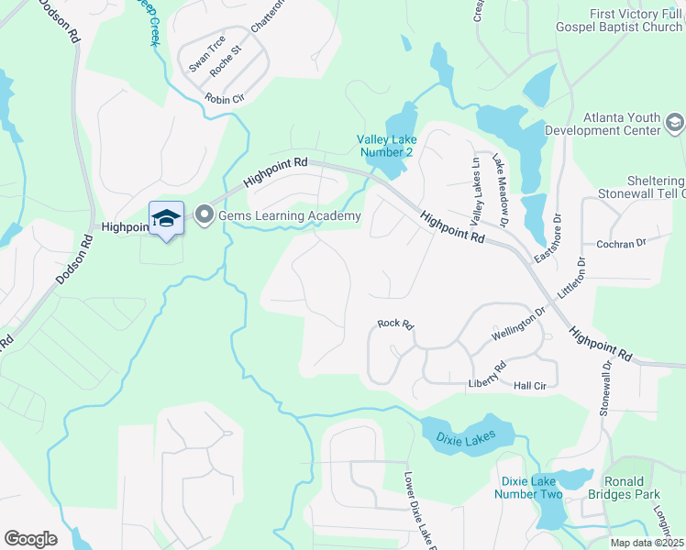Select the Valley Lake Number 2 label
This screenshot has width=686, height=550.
[386, 146]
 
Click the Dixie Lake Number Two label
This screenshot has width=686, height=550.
[531, 488]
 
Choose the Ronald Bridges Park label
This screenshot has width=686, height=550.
[631, 488]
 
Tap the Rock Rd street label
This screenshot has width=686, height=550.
[396, 324]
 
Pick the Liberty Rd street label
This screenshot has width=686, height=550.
[488, 376]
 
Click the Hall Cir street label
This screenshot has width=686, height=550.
[530, 387]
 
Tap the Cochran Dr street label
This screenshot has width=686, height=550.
[622, 244]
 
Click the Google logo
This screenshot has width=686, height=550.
[30, 539]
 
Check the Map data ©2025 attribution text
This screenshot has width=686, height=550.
[647, 543]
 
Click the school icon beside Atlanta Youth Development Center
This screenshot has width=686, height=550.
[674, 123]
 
